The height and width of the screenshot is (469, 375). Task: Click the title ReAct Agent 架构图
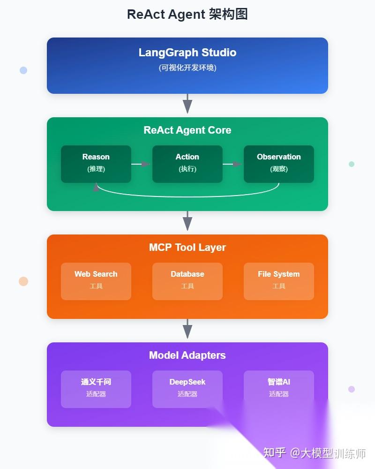coord(187,15)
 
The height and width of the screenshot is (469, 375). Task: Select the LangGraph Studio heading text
coord(187,53)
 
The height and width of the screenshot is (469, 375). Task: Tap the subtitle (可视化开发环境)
coord(187,68)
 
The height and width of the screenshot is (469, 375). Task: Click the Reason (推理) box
coord(96,164)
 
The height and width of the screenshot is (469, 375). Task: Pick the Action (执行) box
coord(187,164)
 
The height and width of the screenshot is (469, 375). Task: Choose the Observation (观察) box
coord(278,164)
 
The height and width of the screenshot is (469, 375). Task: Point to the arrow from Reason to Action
coord(141,164)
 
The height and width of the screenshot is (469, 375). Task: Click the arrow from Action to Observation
coord(232,164)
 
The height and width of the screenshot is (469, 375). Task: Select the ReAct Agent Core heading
coord(187,130)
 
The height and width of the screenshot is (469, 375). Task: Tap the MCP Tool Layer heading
coord(187,248)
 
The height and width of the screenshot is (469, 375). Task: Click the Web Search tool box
coord(96,281)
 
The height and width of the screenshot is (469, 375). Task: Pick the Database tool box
coord(187,281)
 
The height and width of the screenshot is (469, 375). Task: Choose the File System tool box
coord(278,281)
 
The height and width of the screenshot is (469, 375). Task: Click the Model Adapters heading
coord(187,356)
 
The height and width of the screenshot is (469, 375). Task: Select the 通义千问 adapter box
coord(96,389)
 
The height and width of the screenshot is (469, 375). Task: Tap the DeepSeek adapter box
coord(187,389)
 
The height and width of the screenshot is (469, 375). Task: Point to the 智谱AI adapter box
coord(278,389)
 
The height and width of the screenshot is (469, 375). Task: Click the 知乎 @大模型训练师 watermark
coord(314,453)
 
